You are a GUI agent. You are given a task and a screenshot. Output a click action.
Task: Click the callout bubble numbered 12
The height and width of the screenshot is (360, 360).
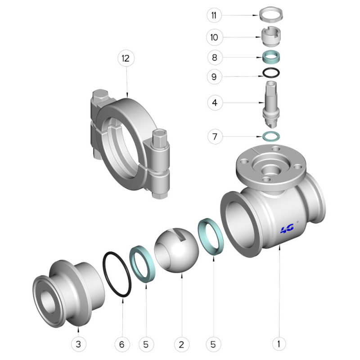pyautogui.click(x=126, y=58)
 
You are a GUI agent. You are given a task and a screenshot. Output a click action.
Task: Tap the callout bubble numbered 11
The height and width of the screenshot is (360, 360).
pyautogui.click(x=214, y=15)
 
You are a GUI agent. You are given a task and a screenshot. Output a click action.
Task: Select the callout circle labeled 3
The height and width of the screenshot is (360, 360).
pyautogui.click(x=78, y=344)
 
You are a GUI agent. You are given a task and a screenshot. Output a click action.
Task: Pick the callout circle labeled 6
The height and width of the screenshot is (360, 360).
pyautogui.click(x=122, y=344)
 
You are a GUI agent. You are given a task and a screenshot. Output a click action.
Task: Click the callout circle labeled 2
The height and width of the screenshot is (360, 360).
pyautogui.click(x=182, y=344)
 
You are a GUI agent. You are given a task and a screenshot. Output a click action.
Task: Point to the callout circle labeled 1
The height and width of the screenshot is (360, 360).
pyautogui.click(x=279, y=344)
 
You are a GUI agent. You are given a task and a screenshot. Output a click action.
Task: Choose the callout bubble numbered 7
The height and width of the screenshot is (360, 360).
pyautogui.click(x=215, y=137)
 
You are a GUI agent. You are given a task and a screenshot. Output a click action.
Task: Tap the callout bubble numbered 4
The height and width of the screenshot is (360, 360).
pyautogui.click(x=215, y=103)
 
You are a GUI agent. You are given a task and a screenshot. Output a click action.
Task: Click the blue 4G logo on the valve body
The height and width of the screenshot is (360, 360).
pyautogui.click(x=287, y=229)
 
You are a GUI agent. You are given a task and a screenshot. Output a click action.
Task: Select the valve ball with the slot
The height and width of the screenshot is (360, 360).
pyautogui.click(x=176, y=250)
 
